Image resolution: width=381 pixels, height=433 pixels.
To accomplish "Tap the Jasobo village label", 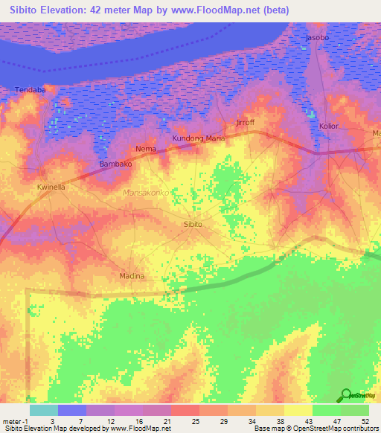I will point(317,37).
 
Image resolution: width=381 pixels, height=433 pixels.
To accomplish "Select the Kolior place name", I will point(328,126).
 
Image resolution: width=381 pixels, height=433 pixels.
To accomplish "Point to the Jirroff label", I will point(245,121).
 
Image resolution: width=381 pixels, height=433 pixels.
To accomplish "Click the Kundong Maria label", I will point(199,138).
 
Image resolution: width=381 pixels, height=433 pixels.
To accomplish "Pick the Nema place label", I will point(146,149).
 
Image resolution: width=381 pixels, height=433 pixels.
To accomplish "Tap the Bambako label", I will point(115,163).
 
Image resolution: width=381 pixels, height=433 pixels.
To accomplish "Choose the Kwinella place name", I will point(51,187).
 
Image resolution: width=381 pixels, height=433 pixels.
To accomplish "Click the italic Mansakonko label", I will point(146,193).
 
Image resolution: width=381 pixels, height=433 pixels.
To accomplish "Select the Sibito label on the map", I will point(193,223).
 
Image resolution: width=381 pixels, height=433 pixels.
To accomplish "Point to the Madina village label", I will point(131,276).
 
